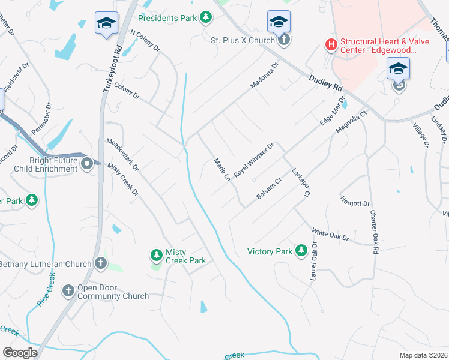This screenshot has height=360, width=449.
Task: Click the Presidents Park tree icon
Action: pos(206,17)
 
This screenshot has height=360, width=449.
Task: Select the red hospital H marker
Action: pos(330,44)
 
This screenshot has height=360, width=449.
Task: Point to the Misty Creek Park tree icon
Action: pos(157,256)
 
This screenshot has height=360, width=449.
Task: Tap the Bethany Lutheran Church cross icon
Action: pos(101,263)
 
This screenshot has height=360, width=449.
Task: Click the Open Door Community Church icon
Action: pos(68,291)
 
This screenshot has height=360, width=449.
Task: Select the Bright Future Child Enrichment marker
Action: pos(87,163)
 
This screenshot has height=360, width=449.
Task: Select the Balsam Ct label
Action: pos(270,189)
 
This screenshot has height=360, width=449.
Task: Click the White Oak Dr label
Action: pos(330,234)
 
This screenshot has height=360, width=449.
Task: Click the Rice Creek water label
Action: pos(46,290)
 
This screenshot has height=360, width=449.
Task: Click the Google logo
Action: pos(20,352)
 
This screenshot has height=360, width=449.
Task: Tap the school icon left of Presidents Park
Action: pos(107,24)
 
